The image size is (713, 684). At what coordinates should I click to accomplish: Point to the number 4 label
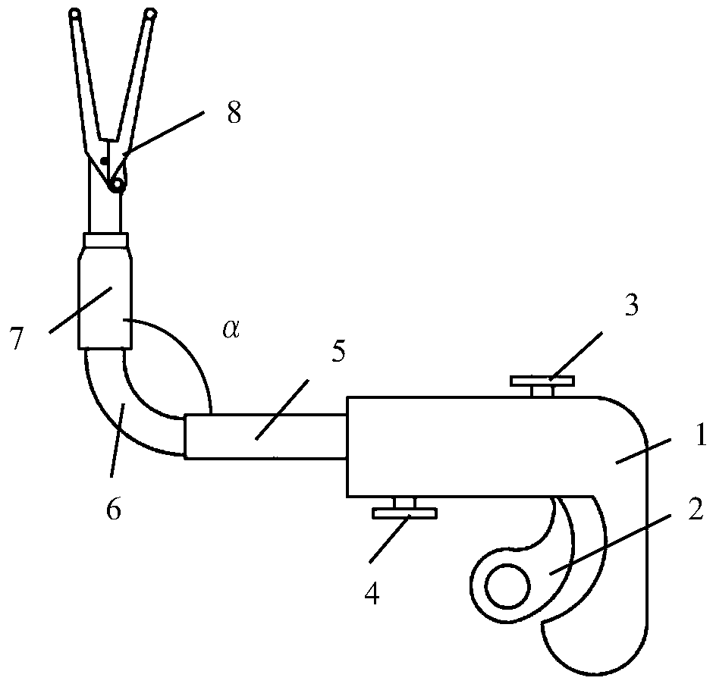click(372, 594)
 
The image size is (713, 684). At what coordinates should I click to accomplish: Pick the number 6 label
click(112, 509)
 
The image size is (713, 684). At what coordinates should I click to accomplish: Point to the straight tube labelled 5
click(265, 436)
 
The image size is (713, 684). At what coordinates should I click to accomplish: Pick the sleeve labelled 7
click(105, 300)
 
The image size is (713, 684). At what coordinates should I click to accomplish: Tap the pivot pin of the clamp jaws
click(116, 184)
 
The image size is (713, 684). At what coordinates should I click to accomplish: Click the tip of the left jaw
click(74, 13)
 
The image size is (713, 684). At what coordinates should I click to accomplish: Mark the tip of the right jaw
click(150, 13)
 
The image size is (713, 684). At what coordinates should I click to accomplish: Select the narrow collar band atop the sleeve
click(106, 240)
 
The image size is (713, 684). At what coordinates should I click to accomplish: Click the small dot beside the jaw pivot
click(103, 160)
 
